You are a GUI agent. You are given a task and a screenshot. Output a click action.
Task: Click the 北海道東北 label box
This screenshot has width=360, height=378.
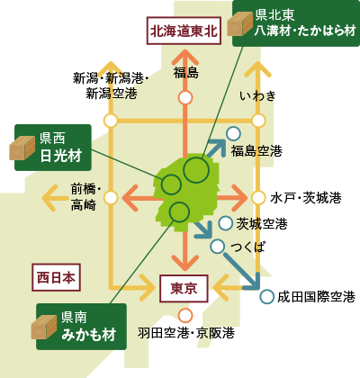184,31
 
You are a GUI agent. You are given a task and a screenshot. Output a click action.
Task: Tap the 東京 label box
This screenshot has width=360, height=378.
184,289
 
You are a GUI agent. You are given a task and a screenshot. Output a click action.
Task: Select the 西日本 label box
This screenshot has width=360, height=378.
56,277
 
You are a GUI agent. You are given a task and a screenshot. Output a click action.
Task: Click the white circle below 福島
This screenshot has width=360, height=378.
185,98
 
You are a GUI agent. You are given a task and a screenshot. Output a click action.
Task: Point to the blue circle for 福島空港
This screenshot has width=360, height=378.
233,134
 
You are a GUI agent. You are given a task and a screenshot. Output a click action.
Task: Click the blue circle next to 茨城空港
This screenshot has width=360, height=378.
225,223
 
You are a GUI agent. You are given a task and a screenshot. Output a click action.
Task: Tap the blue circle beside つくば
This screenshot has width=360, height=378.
218,247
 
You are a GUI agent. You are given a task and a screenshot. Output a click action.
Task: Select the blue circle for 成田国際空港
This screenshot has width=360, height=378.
266,297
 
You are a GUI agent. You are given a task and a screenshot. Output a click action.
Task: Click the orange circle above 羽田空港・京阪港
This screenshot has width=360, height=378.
185,316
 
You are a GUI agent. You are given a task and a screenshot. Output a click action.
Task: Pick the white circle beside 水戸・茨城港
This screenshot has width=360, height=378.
258,198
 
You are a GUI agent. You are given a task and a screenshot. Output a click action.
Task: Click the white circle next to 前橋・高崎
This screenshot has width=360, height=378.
111,198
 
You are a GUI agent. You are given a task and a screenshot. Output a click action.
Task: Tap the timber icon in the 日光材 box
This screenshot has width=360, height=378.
22,148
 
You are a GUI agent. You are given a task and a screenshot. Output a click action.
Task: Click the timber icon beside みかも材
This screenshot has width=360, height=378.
44,328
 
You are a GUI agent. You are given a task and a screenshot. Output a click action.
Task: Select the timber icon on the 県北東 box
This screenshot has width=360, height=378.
240,23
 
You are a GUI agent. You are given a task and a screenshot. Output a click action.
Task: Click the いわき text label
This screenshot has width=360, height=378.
257,96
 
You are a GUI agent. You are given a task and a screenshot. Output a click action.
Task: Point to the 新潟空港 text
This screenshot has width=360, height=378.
112,94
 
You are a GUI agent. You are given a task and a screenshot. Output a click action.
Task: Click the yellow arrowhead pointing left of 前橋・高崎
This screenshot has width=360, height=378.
50,198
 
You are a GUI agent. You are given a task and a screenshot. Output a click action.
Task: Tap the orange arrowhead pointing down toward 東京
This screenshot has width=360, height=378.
185,263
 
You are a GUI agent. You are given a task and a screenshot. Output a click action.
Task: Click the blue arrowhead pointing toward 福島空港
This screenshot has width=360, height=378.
218,147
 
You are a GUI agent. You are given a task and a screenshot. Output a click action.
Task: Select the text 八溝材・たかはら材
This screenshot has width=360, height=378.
305,31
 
